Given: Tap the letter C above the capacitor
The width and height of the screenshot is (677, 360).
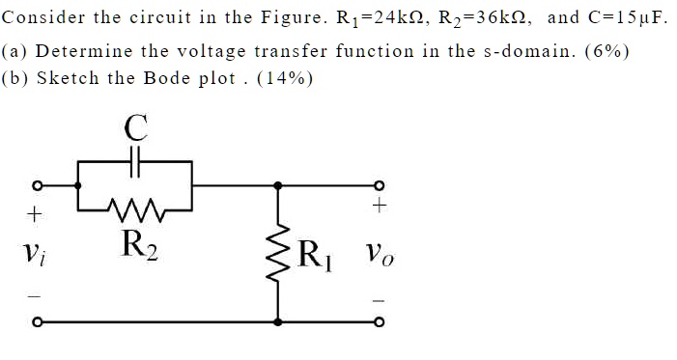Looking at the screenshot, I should (x=136, y=126).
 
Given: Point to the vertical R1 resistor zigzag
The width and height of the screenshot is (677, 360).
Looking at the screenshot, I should (x=281, y=254).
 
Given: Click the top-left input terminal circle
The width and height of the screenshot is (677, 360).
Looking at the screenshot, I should (x=37, y=186).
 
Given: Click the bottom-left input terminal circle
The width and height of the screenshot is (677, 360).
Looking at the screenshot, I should (x=37, y=322).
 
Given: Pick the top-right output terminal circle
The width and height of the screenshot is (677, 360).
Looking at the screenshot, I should (x=381, y=186).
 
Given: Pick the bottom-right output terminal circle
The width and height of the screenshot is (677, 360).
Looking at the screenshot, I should (x=381, y=322).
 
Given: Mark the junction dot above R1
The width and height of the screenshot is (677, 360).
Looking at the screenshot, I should (x=281, y=186).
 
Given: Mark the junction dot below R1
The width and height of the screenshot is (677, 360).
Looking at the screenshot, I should (x=281, y=322).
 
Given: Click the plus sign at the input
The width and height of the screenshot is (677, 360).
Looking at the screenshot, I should (x=35, y=210).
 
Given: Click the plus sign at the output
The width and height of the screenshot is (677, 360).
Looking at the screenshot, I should (x=381, y=206).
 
